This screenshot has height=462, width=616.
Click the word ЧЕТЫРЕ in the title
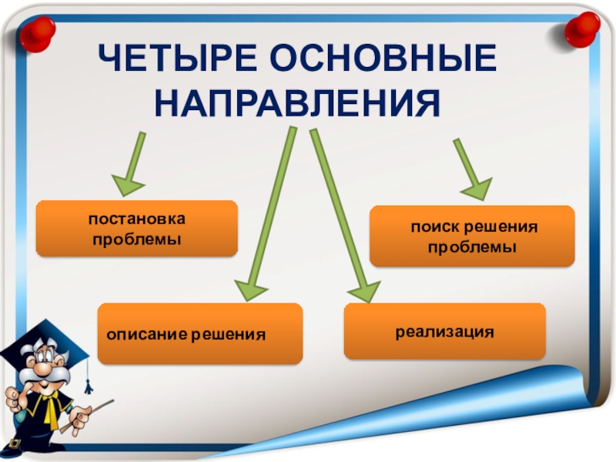click(173, 60)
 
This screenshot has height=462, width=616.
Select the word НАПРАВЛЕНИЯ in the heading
click(298, 102)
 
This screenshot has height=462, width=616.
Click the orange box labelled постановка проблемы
click(136, 229)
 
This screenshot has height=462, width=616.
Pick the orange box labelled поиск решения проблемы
click(472, 237)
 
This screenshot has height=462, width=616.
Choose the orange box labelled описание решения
click(199, 334)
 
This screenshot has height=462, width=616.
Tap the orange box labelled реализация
click(444, 331)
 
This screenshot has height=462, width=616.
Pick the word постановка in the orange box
click(136, 220)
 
